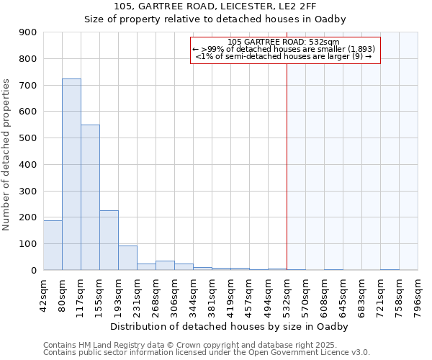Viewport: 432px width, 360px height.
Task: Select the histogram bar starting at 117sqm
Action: coord(90,197)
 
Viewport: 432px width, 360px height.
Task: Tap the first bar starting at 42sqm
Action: coord(53,245)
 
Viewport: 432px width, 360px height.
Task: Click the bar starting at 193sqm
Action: coord(127,258)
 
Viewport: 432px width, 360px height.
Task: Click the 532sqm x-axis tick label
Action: coord(287,295)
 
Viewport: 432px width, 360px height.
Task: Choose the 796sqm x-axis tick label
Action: coord(418,295)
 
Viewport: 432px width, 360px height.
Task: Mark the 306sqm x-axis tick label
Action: coord(174,295)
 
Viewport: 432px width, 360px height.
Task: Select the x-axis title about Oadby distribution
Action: coord(230,327)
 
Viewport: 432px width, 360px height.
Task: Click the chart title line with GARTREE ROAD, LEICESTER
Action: coord(215,6)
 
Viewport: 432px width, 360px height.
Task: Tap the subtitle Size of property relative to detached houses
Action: coord(215,19)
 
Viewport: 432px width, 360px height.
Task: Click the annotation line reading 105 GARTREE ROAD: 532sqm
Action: coord(283,42)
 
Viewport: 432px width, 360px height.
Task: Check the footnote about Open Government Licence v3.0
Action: coord(207,353)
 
